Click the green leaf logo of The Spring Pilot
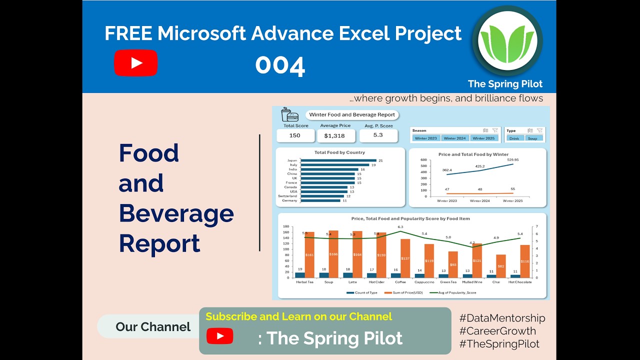coord(507,41)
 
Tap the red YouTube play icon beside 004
coord(135,63)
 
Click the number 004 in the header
coord(280,66)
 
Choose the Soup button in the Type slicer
coord(532,138)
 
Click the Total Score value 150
coord(295,135)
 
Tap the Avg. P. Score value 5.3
coord(378,135)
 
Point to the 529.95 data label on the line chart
coord(512,160)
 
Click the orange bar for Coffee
coord(405,258)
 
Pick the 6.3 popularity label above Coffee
coord(400,227)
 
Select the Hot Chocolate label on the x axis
coord(520,282)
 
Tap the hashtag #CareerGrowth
coord(497,330)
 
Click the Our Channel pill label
coord(153,327)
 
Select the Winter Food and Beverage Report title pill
coord(352,114)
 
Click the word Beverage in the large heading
coord(176,213)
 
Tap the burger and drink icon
coord(289,114)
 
